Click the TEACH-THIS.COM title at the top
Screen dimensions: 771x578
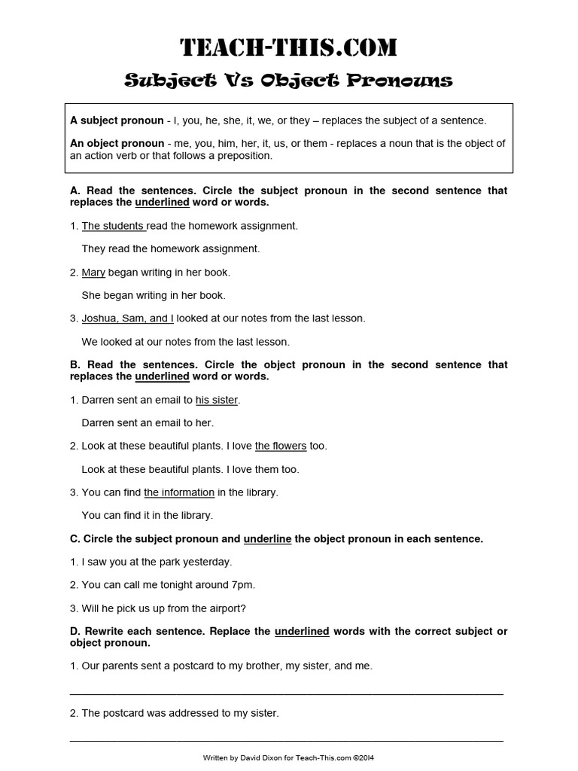(288, 49)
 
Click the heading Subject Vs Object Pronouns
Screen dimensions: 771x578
(288, 81)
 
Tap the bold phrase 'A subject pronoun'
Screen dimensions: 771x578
(117, 120)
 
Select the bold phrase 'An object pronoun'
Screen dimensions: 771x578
(117, 143)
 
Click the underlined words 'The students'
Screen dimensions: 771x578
(113, 226)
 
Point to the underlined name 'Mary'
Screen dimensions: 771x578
(93, 273)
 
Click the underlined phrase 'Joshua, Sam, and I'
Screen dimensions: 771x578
(127, 318)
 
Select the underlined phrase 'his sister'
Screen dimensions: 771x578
(217, 401)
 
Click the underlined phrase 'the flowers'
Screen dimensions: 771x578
(281, 446)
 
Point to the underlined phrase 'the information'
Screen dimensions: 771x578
(179, 492)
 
